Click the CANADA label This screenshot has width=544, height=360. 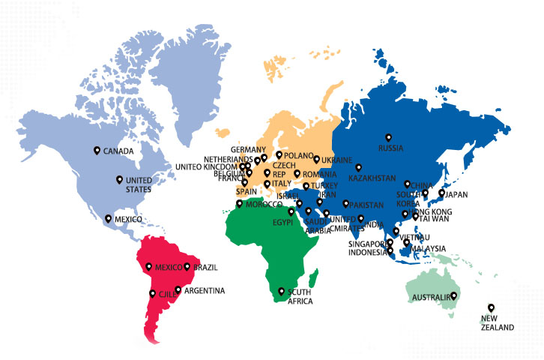pyautogui.click(x=118, y=151)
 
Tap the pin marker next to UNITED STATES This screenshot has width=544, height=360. pyautogui.click(x=119, y=179)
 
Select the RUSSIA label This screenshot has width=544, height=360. pyautogui.click(x=390, y=148)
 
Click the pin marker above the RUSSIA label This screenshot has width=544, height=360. pyautogui.click(x=388, y=136)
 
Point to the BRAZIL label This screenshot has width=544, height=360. pyautogui.click(x=206, y=268)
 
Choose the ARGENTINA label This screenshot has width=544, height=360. pyautogui.click(x=204, y=291)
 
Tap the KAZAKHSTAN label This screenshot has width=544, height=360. pyautogui.click(x=372, y=178)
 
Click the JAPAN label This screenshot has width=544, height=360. pyautogui.click(x=456, y=195)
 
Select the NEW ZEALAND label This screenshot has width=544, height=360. pyautogui.click(x=498, y=323)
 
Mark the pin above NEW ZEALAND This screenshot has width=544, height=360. pyautogui.click(x=492, y=307)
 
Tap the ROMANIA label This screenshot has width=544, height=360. pyautogui.click(x=321, y=175)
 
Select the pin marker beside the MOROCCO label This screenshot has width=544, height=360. pyautogui.click(x=239, y=203)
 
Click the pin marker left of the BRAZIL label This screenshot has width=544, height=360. pyautogui.click(x=187, y=266)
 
